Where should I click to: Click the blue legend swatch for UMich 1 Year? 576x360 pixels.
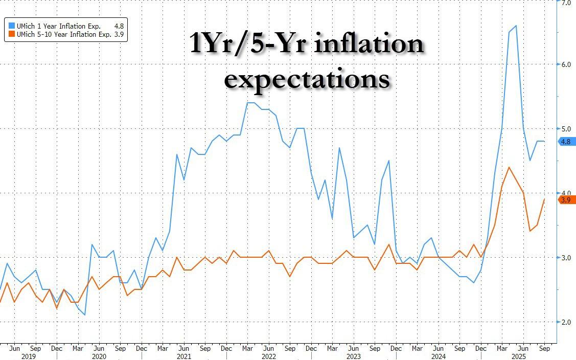(11, 25)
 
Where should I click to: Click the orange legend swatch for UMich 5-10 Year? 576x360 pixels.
(11, 34)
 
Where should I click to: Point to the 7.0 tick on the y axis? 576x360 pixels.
(566, 3)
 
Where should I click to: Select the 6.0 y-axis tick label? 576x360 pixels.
(566, 64)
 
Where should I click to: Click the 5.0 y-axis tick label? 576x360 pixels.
(566, 129)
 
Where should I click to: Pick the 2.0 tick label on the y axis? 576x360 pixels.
(566, 322)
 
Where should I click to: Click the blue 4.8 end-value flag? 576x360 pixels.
(566, 142)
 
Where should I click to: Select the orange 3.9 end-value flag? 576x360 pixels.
(566, 200)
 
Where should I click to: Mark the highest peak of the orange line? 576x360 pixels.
(509, 167)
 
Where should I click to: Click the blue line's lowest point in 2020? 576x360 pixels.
(84, 315)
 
